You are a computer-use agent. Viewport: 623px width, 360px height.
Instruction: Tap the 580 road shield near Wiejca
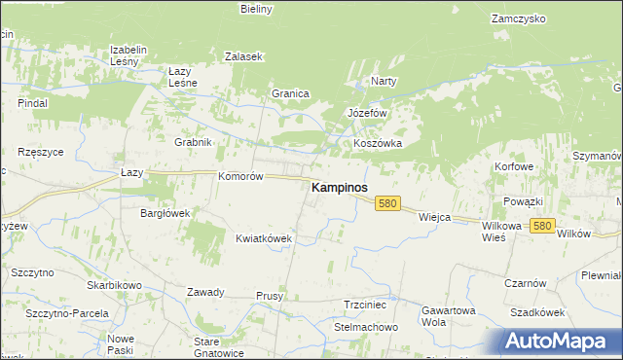[388, 203]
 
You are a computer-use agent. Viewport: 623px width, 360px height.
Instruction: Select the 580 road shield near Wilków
[543, 226]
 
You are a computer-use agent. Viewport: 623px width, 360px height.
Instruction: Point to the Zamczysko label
[516, 18]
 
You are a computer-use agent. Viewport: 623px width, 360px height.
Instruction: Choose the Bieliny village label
[257, 9]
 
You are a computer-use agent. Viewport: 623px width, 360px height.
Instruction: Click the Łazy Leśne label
[183, 77]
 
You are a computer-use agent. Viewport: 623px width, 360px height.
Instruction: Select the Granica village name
[290, 93]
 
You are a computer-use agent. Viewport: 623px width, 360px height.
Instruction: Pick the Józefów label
[368, 113]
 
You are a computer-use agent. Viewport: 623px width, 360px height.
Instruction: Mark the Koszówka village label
[378, 143]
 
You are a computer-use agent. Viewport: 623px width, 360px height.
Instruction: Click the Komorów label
[241, 176]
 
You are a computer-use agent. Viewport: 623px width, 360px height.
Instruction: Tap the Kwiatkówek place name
[264, 237]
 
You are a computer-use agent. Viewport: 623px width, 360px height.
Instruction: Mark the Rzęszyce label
[41, 152]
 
